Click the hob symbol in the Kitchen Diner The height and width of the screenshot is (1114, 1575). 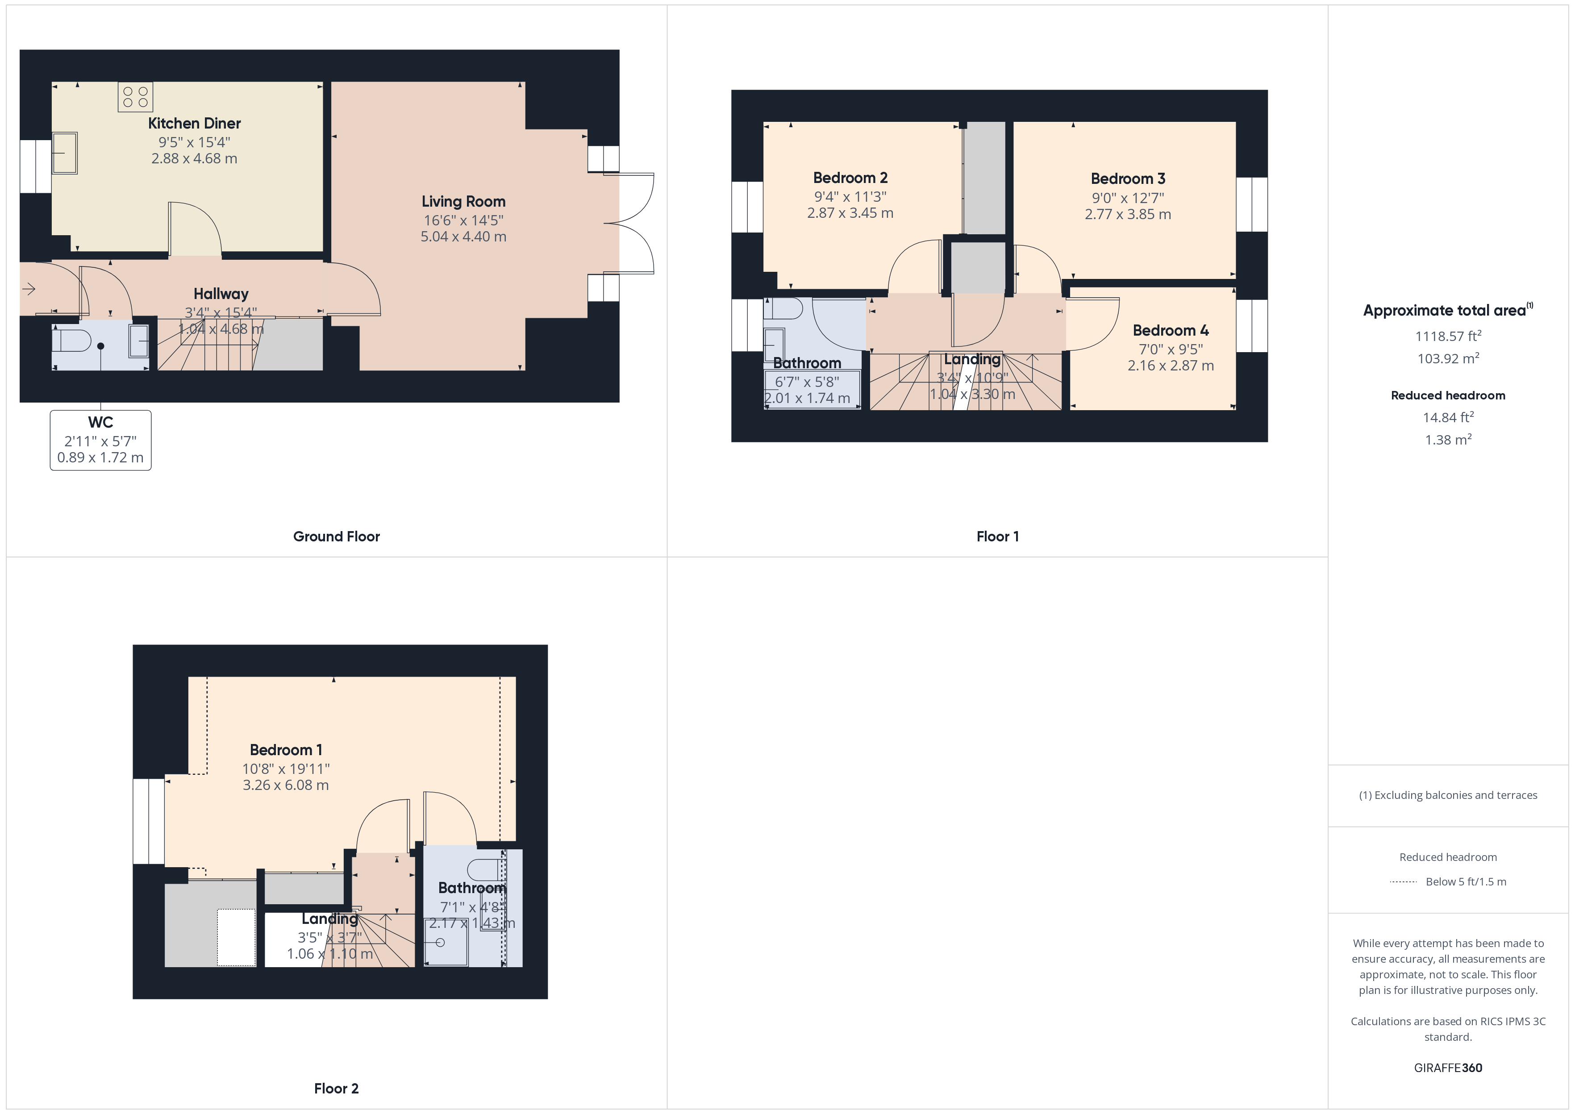(x=135, y=97)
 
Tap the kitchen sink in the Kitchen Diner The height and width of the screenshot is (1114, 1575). (x=65, y=153)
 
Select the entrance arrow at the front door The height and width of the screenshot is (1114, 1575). (x=29, y=289)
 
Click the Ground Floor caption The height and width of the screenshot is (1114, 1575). (x=336, y=536)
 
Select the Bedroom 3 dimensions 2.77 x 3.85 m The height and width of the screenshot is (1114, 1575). (x=1127, y=214)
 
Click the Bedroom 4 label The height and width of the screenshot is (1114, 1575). (x=1170, y=331)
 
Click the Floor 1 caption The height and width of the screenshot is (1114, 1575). (x=997, y=536)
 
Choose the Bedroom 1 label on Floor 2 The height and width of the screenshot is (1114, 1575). (x=285, y=750)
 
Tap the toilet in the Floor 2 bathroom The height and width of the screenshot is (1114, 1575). (x=485, y=869)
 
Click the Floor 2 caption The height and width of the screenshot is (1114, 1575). (x=336, y=1089)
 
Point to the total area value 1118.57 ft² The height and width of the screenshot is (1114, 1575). (x=1447, y=336)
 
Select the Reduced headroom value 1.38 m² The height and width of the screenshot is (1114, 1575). (x=1447, y=440)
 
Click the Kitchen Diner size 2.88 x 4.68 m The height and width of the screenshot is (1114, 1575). (x=194, y=158)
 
